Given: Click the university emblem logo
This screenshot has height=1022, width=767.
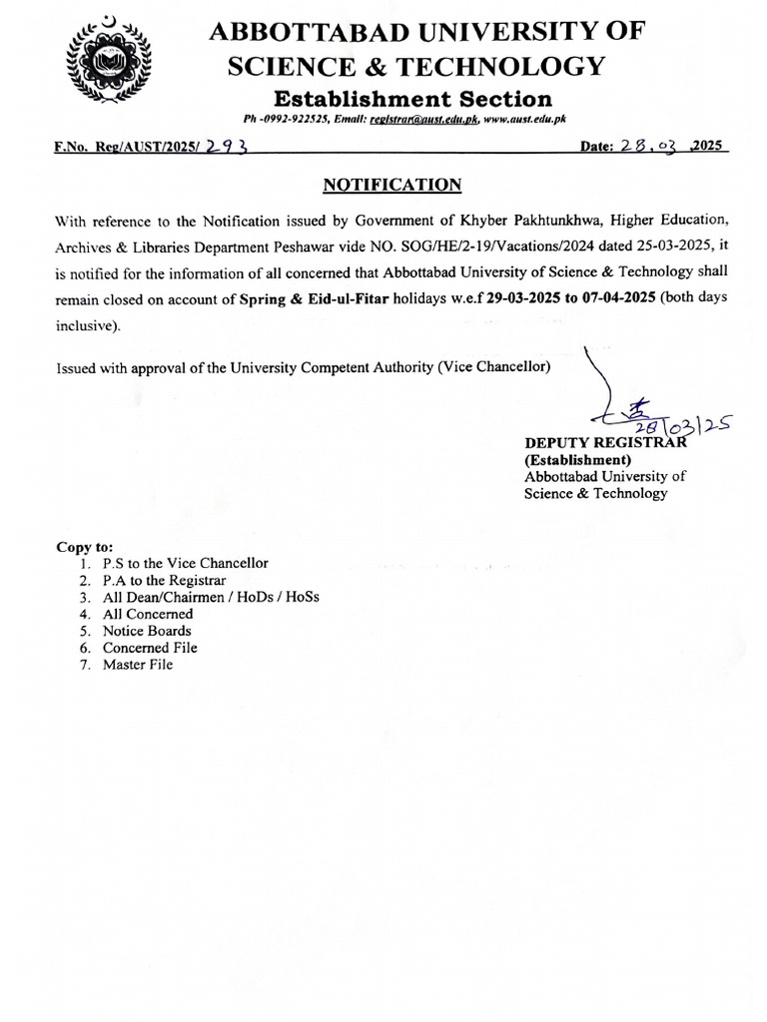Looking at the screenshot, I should (x=105, y=67).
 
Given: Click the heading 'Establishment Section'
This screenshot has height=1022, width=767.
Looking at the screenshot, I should (x=412, y=98).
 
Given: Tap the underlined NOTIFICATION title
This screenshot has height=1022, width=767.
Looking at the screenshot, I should (x=391, y=185).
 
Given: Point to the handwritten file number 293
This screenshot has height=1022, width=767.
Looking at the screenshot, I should (x=226, y=147).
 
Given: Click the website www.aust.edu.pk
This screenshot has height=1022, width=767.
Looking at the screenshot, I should (x=525, y=119).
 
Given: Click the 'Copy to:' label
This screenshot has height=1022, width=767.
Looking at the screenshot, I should (x=85, y=547).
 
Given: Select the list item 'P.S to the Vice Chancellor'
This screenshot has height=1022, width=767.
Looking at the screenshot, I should (x=185, y=563).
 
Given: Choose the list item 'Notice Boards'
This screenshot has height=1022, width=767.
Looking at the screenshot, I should (x=146, y=631).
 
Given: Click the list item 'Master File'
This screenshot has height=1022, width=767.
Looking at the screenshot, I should (x=137, y=665).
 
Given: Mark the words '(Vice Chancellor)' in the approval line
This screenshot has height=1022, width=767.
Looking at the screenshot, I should (x=493, y=366).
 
